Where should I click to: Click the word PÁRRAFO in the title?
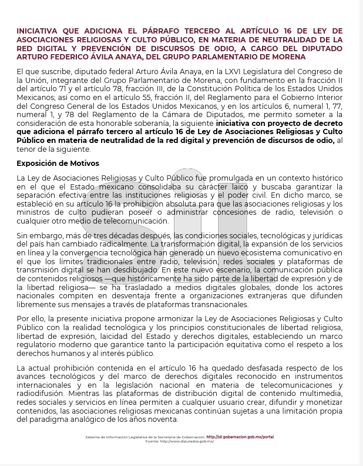(x=180, y=30)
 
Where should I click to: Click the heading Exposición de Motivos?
(x=58, y=163)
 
